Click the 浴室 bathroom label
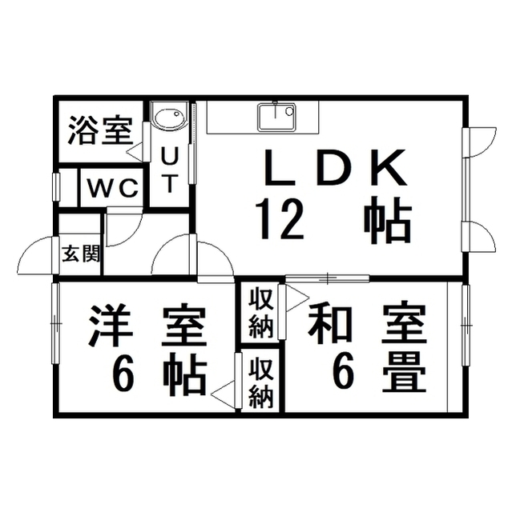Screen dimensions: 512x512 coord(100,130)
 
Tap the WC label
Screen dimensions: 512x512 coord(112,189)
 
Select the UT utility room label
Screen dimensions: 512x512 coord(169,170)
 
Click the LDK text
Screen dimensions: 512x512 coord(335,167)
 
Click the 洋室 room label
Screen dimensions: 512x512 coord(147,326)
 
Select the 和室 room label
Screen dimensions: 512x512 coord(367,323)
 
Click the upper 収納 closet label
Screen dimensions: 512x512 coord(261,314)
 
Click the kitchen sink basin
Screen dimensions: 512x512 coord(276,117)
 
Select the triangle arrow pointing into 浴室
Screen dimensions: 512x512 coord(135,151)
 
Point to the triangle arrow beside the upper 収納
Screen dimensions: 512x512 coord(297,298)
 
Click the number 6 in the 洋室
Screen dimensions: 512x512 coord(123,378)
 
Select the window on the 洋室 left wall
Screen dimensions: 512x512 coord(55,323)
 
